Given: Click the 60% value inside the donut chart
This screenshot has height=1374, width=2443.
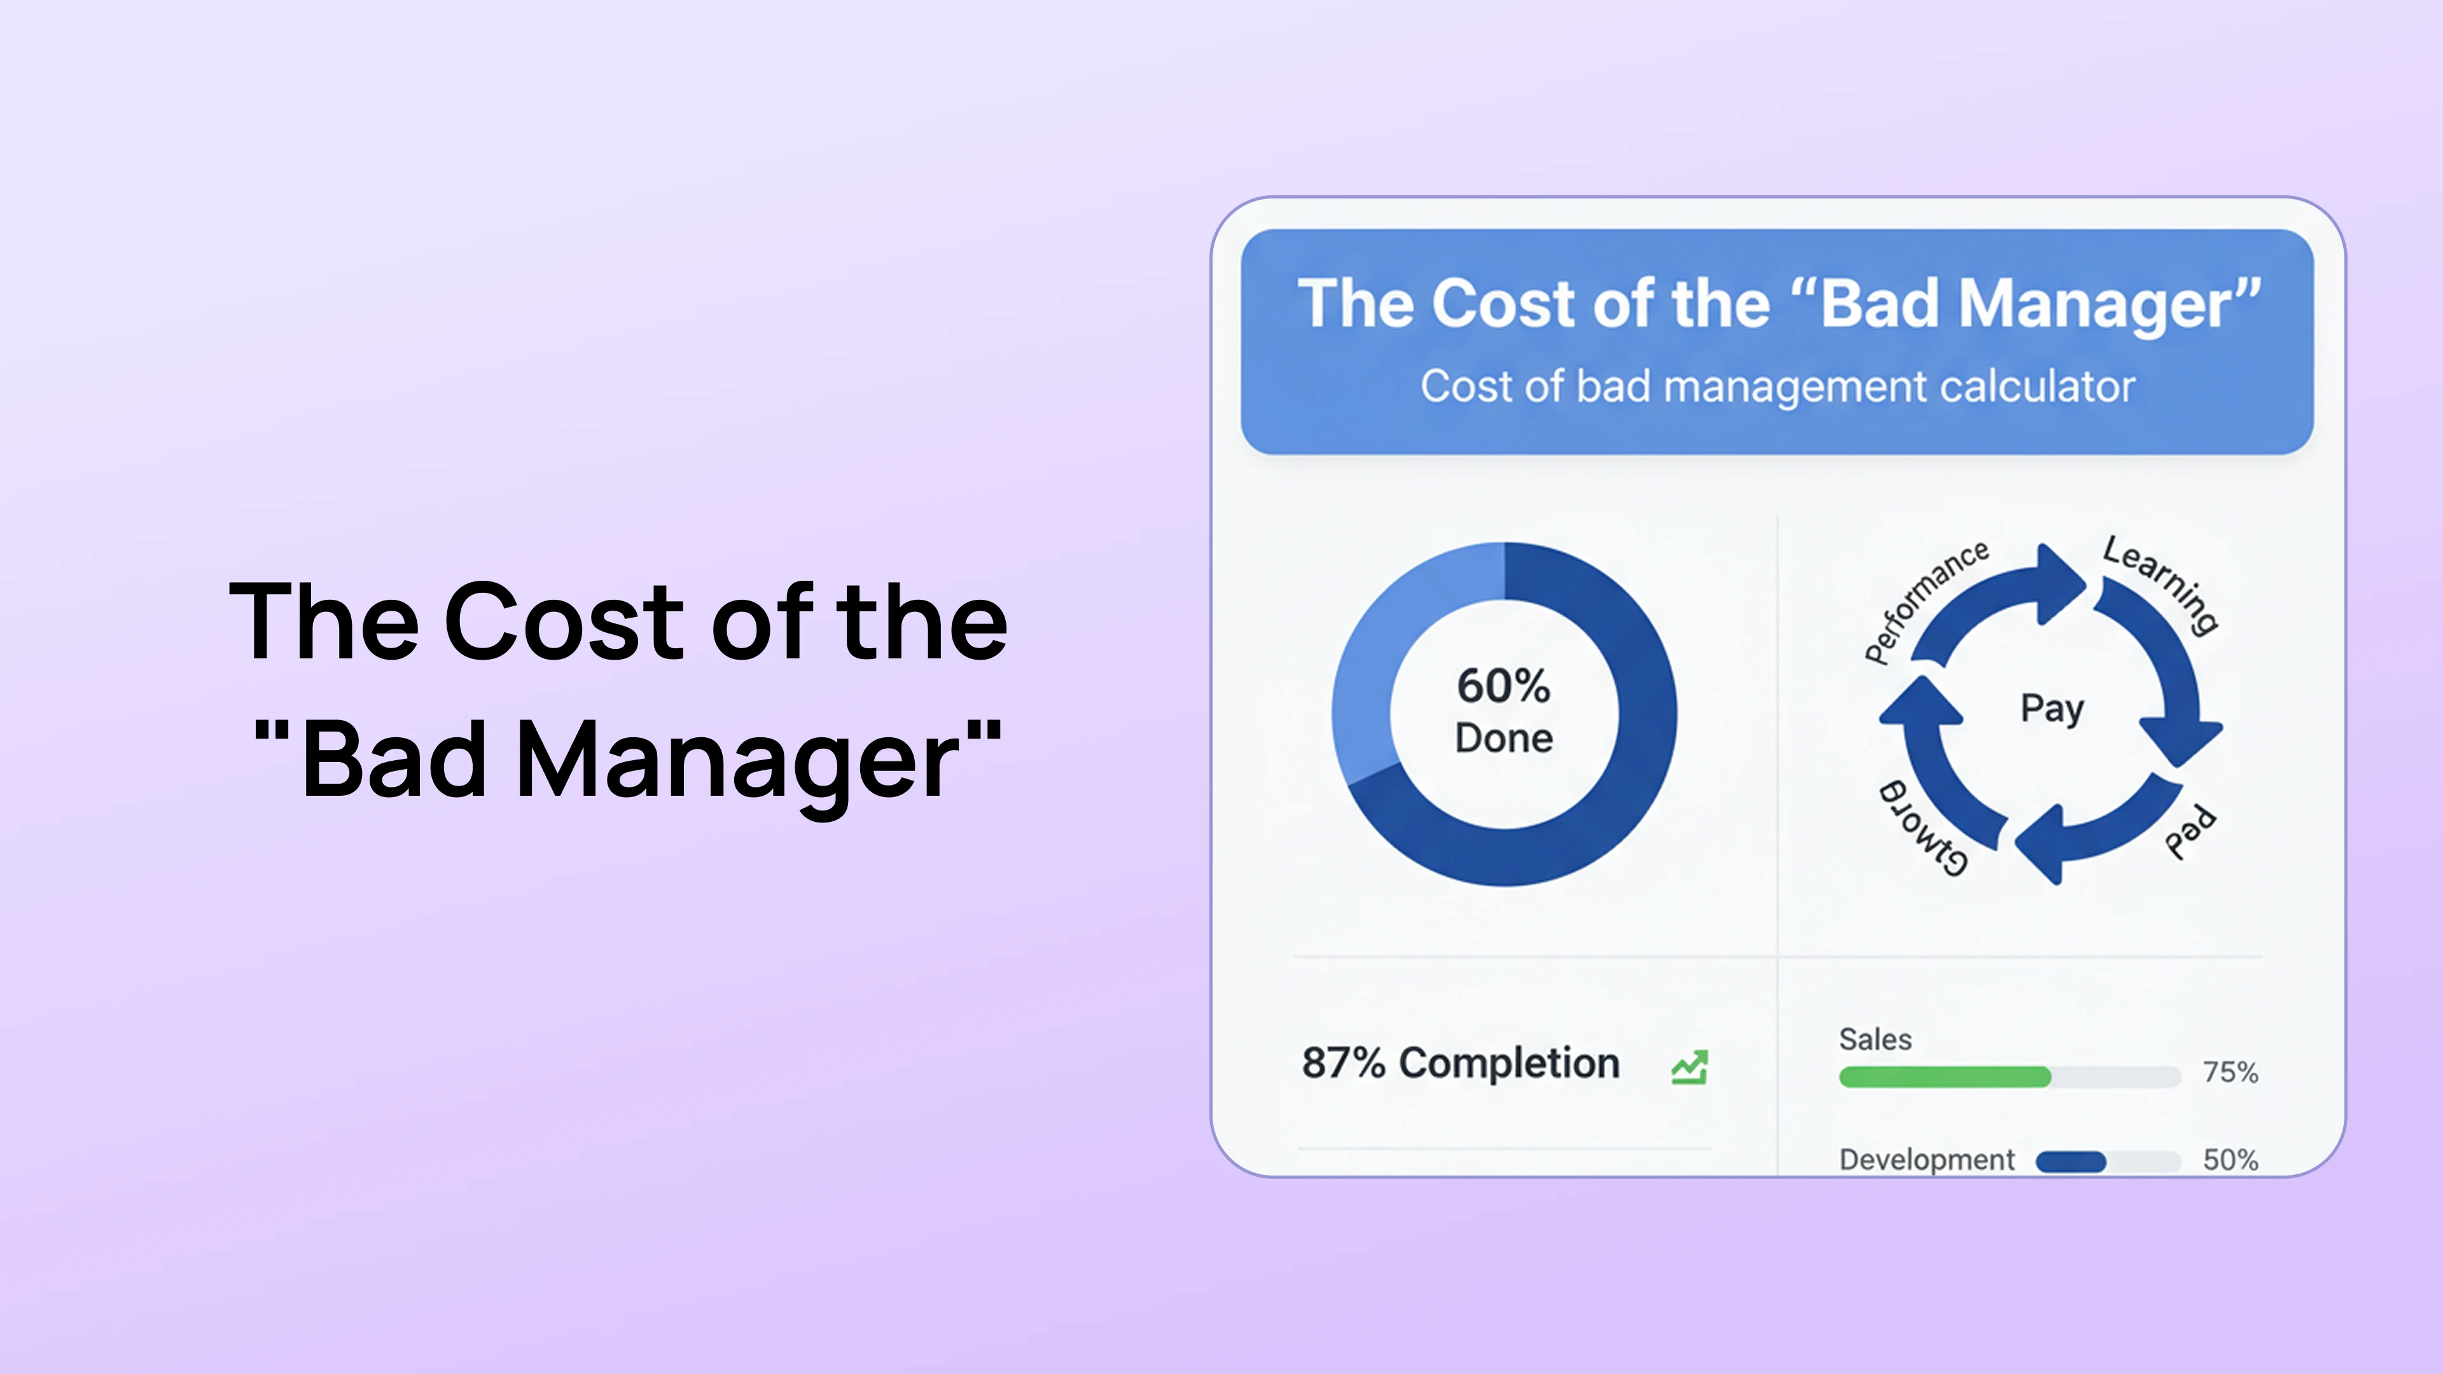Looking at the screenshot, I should coord(1503,686).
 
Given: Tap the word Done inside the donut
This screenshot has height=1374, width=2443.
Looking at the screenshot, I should coord(1504,738).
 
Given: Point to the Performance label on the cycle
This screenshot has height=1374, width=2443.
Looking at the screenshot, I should coord(1925,602).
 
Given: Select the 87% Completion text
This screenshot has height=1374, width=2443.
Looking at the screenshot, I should coord(1461,1063).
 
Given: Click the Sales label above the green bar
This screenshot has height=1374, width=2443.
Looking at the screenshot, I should coord(1875,1039).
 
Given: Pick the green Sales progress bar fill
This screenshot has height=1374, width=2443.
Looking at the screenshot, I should coord(1944,1076).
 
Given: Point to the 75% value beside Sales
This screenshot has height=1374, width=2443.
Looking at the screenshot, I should coord(2230,1072).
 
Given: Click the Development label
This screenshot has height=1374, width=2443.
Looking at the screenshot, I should coord(1926,1160).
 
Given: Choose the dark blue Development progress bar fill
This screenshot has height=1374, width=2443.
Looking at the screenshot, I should coord(2070,1162).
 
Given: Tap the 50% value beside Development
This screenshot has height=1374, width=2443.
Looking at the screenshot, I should coord(2230,1160).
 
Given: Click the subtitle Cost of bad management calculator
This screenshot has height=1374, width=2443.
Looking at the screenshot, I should coord(1778,387).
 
